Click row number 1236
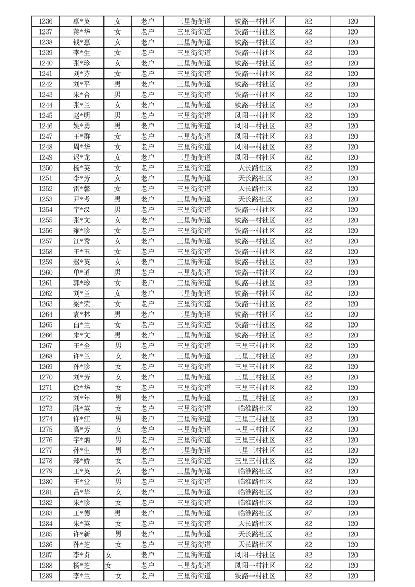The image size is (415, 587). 45,21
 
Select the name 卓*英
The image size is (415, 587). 82,21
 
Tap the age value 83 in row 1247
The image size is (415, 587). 308,137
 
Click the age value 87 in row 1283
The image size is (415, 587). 308,513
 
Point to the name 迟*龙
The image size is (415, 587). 82,157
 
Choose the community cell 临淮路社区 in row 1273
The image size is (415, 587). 255,409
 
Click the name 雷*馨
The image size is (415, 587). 82,189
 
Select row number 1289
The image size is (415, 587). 45,576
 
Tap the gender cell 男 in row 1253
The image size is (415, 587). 118,199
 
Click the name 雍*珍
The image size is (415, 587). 82,231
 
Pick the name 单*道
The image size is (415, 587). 82,273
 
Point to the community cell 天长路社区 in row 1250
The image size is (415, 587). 255,168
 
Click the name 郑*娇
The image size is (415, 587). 82,461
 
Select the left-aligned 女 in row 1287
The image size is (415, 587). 108,555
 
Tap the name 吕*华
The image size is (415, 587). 82,492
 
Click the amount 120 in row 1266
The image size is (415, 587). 352,335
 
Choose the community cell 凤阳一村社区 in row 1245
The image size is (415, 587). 255,116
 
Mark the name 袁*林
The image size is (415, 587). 82,314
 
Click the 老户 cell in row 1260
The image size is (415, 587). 147,273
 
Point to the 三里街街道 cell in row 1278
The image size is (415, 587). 194,461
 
